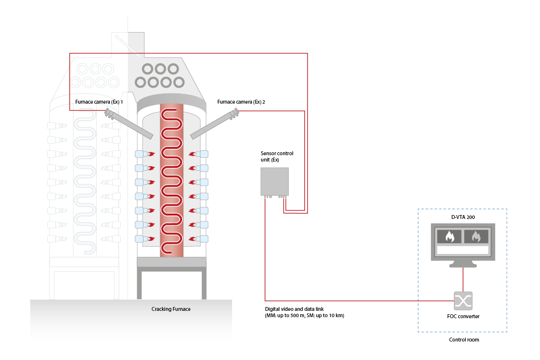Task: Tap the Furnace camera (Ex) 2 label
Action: (x=241, y=102)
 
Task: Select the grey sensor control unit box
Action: (x=274, y=181)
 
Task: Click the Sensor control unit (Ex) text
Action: (x=277, y=157)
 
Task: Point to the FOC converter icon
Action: (x=462, y=300)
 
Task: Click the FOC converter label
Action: (x=462, y=316)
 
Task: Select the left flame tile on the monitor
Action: (x=449, y=236)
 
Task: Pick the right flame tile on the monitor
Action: (x=476, y=236)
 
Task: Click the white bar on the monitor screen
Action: (x=462, y=250)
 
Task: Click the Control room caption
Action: (x=464, y=340)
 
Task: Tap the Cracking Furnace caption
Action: (x=171, y=309)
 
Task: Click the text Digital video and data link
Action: (x=294, y=309)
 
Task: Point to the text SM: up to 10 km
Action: (x=330, y=316)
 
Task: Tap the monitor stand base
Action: (x=462, y=265)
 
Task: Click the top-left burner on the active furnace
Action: (x=141, y=154)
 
